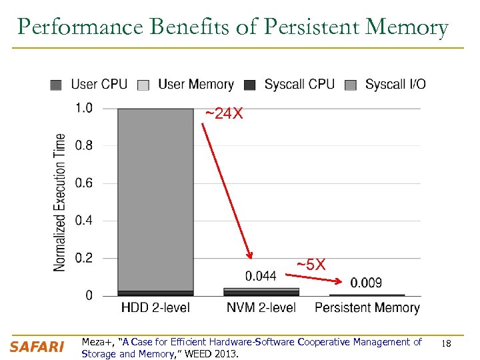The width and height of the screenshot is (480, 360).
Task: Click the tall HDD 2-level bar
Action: [155, 200]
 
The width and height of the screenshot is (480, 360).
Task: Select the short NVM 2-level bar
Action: [261, 291]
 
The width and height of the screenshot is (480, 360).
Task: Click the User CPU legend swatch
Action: [57, 85]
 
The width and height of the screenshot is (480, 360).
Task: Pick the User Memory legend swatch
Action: [143, 85]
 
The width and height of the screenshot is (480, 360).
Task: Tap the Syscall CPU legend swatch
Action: [250, 85]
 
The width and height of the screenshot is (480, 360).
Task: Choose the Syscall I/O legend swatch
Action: [351, 85]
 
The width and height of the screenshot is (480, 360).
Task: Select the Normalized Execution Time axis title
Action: [60, 202]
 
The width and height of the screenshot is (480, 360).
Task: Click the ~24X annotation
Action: [223, 115]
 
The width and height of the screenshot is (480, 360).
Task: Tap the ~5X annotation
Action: [311, 265]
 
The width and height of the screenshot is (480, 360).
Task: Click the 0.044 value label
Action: [261, 276]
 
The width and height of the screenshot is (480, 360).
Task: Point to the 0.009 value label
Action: [366, 283]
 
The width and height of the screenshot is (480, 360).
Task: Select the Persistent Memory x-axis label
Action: [367, 307]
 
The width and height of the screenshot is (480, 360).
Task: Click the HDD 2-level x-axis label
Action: [155, 307]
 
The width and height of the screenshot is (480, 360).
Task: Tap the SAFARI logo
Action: [37, 347]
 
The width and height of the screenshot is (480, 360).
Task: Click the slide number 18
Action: [447, 343]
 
